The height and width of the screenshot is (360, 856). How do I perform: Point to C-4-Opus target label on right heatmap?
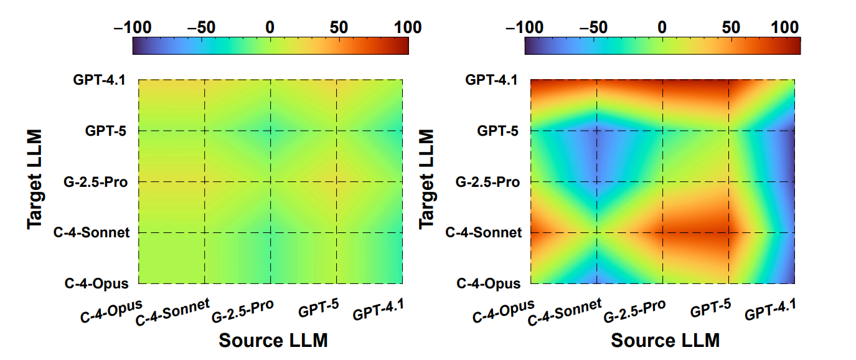click(488, 284)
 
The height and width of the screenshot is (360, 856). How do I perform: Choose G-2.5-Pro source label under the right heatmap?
click(635, 311)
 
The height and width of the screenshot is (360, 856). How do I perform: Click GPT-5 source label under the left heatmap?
click(318, 310)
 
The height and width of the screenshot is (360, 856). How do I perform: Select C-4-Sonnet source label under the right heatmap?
click(565, 312)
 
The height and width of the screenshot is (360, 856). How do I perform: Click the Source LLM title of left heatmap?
click(273, 341)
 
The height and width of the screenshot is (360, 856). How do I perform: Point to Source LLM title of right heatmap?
click(665, 341)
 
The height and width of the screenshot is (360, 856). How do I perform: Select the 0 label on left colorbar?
click(270, 27)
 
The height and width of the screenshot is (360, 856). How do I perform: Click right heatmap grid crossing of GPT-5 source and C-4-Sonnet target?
click(728, 233)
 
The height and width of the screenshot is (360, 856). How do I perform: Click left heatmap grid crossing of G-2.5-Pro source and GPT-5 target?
click(271, 131)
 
